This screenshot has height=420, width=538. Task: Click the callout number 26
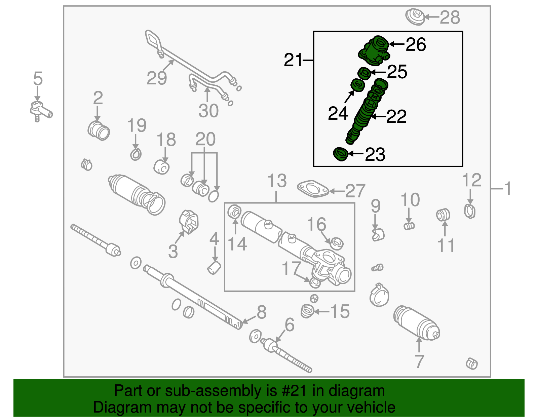[x=416, y=45]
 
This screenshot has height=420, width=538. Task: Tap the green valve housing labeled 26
[x=374, y=51]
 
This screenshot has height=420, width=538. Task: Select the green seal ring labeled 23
[x=340, y=154]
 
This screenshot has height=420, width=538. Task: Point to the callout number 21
[x=293, y=61]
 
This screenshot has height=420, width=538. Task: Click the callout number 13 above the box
[x=277, y=181]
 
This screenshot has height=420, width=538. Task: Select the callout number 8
[x=262, y=312]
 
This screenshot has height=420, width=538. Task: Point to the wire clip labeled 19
[x=136, y=154]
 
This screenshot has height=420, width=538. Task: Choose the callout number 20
[x=205, y=139]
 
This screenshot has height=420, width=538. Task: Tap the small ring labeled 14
[x=234, y=212]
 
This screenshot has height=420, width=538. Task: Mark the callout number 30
[x=208, y=111]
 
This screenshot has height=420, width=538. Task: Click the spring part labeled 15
[x=307, y=311]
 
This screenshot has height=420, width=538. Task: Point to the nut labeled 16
[x=336, y=243]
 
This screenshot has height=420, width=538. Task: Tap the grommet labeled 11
[x=443, y=215]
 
